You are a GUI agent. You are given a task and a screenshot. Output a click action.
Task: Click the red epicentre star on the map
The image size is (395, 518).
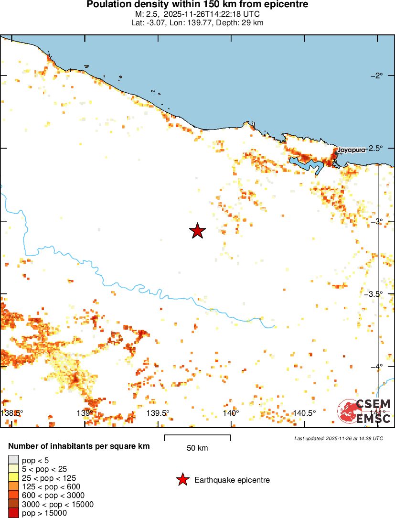tap(197, 231)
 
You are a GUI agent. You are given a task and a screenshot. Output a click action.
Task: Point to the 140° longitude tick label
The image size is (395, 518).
tap(231, 413)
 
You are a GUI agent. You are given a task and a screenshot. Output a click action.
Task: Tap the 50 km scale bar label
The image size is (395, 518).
tap(197, 448)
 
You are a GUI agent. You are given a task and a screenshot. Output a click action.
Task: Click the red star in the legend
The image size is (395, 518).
tap(182, 480)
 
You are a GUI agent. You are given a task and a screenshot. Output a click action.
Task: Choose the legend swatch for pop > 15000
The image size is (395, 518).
tap(13, 513)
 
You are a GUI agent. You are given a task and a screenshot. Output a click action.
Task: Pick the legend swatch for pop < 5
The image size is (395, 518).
tap(13, 461)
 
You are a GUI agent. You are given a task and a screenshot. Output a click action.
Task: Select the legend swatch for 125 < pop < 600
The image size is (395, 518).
tap(13, 487)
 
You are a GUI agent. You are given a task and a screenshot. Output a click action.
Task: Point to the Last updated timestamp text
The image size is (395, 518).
tap(339, 438)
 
